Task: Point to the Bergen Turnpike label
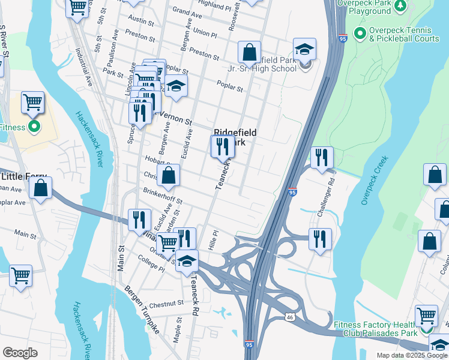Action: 142,310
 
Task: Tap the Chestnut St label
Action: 167,304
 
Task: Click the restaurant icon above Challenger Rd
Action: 322,158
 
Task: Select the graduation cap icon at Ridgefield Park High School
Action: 305,49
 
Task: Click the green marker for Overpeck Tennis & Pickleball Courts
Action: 360,32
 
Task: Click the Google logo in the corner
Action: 20,353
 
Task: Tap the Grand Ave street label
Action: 187,11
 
